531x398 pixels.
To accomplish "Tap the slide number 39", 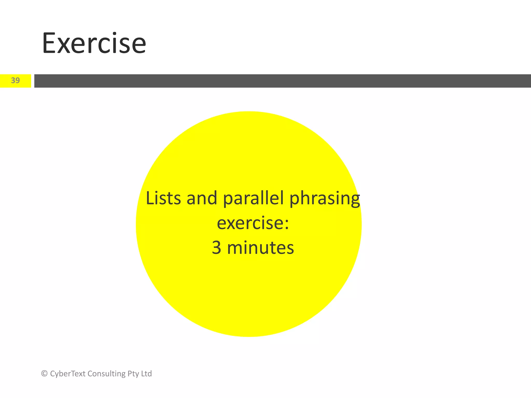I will point(15,80).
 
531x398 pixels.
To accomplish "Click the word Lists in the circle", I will point(163,198).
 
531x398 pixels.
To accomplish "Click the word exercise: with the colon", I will point(253,223).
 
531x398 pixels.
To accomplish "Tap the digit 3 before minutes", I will point(216,248).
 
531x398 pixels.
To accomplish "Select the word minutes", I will point(260,248).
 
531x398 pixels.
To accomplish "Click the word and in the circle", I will point(202,198).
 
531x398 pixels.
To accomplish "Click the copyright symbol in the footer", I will point(44,374).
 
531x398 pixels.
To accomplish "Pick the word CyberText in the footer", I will point(68,374).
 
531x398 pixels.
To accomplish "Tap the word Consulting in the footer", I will point(107,374).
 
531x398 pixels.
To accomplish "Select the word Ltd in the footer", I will point(147,374).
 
